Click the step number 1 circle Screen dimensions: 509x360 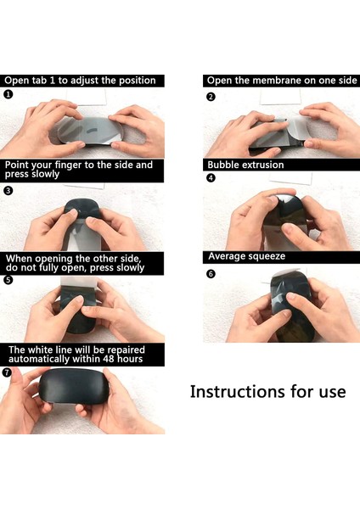coord(8,95)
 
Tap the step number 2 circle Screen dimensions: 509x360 coord(211,97)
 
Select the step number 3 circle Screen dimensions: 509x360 coord(8,191)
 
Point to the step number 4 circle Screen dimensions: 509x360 coord(211,178)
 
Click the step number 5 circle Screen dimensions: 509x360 coord(8,280)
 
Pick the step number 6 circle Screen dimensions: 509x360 coord(211,274)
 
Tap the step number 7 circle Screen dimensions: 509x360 coord(8,372)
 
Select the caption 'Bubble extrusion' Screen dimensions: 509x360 coord(245,165)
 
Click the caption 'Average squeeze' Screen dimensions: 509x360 coord(246,255)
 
